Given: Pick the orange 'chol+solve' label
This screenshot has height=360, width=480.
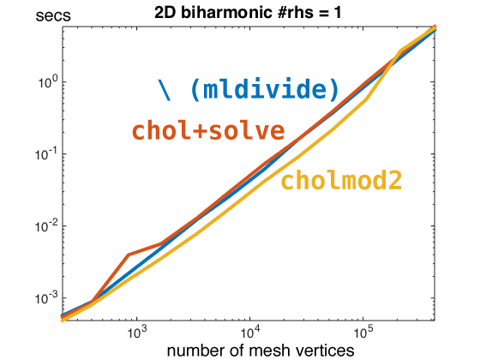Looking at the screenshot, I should tap(207, 131).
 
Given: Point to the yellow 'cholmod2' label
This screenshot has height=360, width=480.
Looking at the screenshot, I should tap(341, 180).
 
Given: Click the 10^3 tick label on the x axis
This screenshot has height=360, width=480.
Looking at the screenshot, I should tap(137, 330).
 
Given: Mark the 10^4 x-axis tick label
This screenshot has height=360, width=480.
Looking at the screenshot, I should tap(249, 330).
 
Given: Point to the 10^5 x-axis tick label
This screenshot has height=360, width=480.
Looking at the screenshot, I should tap(363, 330).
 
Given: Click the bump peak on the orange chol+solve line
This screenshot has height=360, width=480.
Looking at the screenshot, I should tap(128, 255).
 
